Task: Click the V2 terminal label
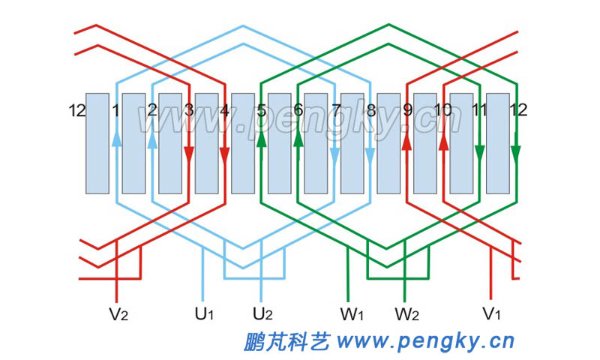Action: [x=119, y=313]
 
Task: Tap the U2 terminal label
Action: [x=262, y=313]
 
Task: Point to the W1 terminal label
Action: [x=351, y=313]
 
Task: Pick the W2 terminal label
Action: [x=406, y=313]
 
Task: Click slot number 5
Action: [x=261, y=110]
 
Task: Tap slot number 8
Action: [x=370, y=110]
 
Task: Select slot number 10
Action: [x=442, y=110]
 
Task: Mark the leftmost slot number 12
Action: [x=76, y=111]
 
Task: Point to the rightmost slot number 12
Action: [x=518, y=110]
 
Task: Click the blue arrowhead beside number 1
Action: [x=116, y=139]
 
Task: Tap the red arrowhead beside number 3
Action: [x=189, y=154]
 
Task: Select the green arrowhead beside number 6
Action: [x=298, y=139]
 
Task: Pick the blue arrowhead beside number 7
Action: [x=334, y=154]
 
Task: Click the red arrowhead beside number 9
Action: [x=406, y=139]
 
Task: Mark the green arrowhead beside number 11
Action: [x=479, y=154]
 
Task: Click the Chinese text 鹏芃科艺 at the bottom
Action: [x=286, y=342]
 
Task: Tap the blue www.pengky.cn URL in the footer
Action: [x=425, y=342]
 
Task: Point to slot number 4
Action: [x=224, y=110]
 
